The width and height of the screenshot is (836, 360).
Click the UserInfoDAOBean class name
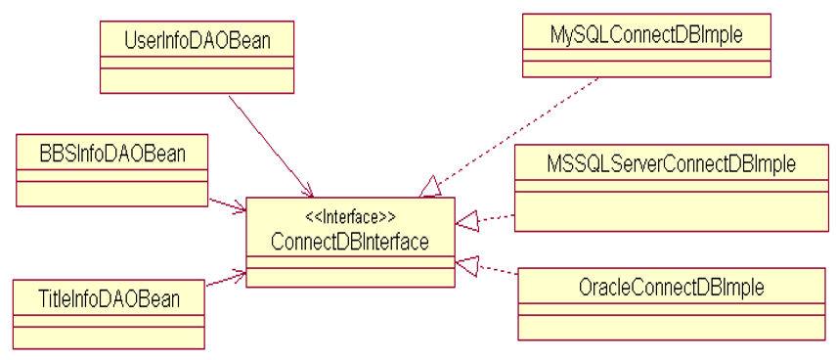click(184, 40)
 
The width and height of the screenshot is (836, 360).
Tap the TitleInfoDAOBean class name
click(110, 297)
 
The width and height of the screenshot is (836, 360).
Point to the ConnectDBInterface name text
click(350, 242)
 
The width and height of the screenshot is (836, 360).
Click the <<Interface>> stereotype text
click(350, 216)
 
